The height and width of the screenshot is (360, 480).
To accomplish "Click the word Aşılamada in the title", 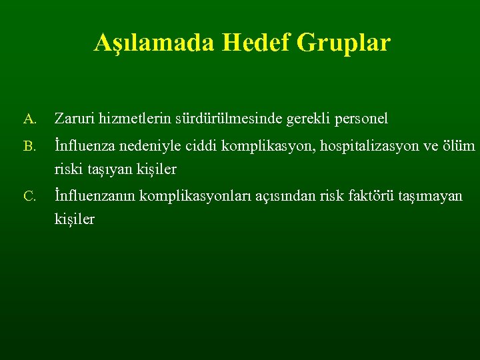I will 154,43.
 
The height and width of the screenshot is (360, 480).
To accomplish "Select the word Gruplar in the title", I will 344,43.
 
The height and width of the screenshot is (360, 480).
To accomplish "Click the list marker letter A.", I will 29,120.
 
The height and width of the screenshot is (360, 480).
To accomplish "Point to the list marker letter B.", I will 29,146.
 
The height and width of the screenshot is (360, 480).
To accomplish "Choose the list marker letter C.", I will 29,196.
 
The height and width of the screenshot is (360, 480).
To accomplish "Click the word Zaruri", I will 75,119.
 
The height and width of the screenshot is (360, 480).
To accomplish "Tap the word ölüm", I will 459,145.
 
